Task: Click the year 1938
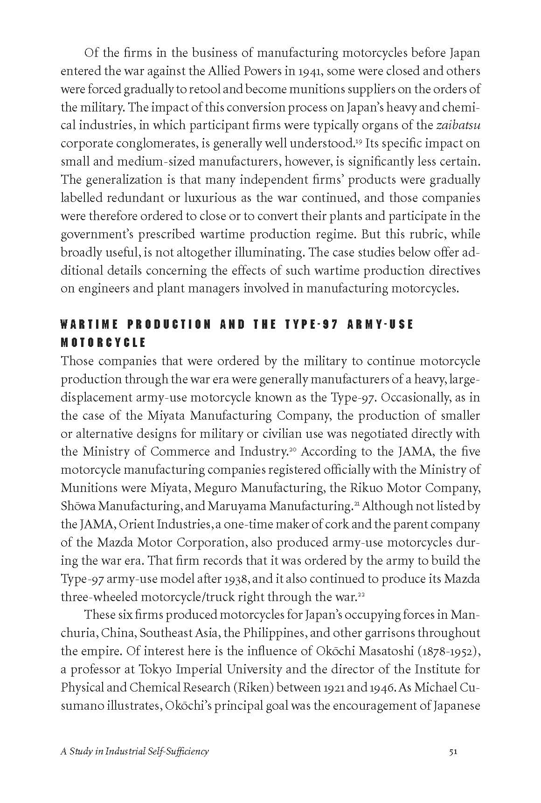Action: point(238,579)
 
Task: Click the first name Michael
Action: point(437,687)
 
